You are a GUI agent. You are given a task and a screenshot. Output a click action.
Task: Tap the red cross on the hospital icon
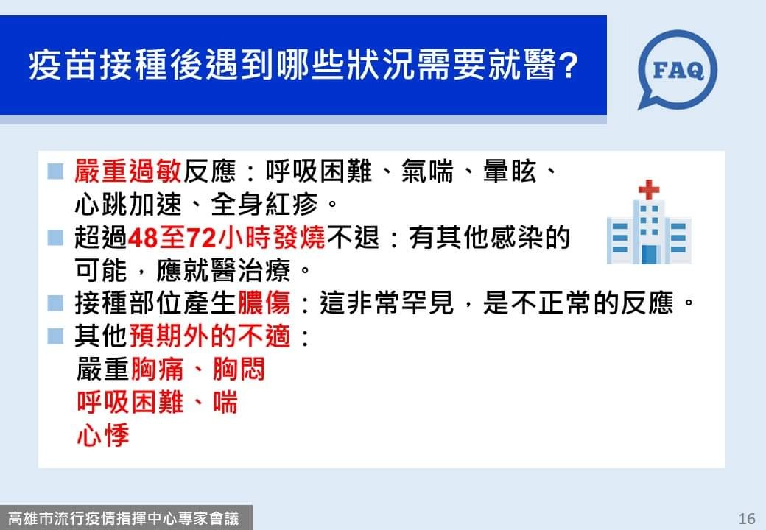pos(649,189)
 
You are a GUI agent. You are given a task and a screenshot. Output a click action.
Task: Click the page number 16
pos(747,517)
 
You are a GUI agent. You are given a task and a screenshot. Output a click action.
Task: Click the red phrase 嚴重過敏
pos(128,172)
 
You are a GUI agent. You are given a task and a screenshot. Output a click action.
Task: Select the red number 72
pos(201,239)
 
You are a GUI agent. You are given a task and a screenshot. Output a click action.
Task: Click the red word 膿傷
pos(264,303)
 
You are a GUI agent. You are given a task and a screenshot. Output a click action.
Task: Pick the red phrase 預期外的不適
pos(210,336)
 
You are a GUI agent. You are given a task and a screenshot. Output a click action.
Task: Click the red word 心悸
pos(103,435)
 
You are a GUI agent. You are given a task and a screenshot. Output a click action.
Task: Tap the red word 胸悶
pos(239,370)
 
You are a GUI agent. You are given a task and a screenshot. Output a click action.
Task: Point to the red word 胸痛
pos(158,370)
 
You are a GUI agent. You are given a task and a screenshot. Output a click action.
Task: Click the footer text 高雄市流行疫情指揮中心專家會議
pos(124,517)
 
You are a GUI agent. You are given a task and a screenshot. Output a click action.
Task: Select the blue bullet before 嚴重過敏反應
pos(55,172)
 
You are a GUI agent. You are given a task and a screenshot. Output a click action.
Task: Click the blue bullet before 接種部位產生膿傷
pos(55,303)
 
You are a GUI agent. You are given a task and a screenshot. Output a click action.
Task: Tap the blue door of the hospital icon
pos(649,254)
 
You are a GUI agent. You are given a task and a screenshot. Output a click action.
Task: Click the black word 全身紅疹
pos(264,204)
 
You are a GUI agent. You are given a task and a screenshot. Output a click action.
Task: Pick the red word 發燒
pos(299,239)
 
